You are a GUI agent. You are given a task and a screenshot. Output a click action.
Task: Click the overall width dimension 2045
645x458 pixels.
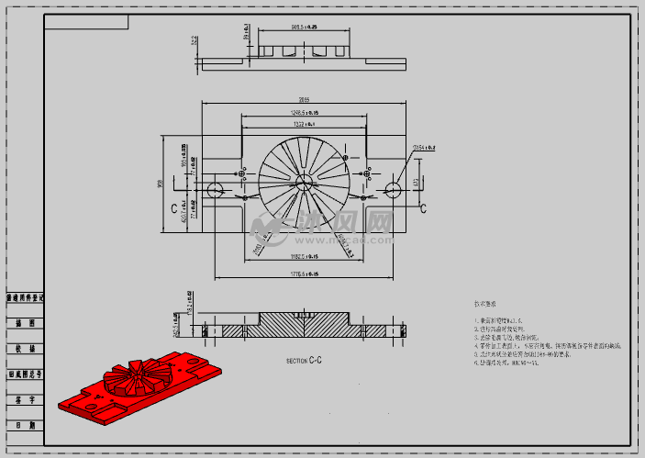click(x=304, y=100)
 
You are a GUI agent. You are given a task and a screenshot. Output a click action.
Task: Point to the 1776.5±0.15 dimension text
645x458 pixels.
click(x=303, y=274)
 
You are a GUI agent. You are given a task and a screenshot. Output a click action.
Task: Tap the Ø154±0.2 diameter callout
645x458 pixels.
click(x=423, y=147)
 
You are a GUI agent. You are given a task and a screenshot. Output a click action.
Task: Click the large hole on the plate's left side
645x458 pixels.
click(x=215, y=190)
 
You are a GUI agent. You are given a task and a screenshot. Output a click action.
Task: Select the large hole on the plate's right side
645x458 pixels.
click(x=394, y=189)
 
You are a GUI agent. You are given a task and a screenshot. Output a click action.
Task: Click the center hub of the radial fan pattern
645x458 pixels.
click(x=304, y=174)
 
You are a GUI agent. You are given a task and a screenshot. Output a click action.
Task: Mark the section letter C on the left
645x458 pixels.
click(x=173, y=208)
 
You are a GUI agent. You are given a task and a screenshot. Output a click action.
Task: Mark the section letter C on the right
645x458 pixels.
click(x=423, y=208)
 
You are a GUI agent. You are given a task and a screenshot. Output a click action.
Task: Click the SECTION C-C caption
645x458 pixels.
click(x=304, y=361)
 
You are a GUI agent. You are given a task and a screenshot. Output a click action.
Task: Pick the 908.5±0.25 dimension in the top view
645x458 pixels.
click(x=304, y=28)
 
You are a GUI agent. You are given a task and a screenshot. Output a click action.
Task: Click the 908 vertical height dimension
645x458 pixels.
click(x=161, y=184)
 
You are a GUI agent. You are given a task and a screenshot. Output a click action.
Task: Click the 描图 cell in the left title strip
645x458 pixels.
click(x=25, y=323)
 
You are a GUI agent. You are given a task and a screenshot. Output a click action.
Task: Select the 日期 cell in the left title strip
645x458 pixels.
click(x=25, y=425)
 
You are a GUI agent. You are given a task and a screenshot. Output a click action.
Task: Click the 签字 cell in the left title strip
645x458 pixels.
click(x=25, y=400)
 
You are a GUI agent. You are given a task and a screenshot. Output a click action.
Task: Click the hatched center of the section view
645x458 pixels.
click(x=304, y=327)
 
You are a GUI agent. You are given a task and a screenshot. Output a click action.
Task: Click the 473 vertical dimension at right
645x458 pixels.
click(x=416, y=183)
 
